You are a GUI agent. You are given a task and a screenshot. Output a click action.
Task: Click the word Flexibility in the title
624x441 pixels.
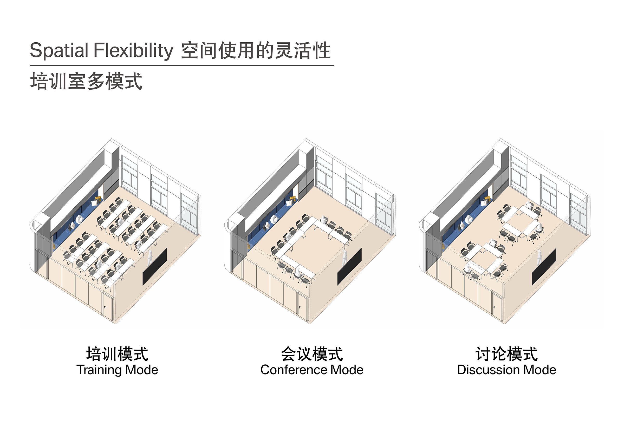(133, 50)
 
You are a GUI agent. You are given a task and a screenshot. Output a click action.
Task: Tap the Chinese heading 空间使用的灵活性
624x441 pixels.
(256, 50)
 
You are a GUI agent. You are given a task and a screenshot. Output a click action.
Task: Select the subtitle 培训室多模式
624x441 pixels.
(86, 81)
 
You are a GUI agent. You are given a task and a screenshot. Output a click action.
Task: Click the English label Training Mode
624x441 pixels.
(117, 370)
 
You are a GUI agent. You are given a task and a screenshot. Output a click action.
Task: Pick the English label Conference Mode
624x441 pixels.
(312, 370)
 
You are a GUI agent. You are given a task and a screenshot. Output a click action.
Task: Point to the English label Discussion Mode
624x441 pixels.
(506, 370)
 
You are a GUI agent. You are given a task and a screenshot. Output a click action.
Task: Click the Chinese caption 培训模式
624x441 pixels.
(117, 354)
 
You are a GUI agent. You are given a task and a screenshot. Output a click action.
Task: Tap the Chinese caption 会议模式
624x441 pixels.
(312, 354)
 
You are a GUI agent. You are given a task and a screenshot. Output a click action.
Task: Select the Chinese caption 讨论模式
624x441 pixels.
(506, 354)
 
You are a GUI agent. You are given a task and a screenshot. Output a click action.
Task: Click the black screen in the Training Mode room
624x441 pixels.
(155, 267)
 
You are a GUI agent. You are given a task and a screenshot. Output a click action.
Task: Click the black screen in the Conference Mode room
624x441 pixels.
(349, 267)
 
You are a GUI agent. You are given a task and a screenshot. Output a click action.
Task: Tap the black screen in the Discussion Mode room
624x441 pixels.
(544, 267)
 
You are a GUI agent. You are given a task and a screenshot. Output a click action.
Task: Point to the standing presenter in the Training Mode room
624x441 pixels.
(150, 258)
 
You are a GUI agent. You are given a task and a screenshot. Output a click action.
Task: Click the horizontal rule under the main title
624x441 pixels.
(182, 65)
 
